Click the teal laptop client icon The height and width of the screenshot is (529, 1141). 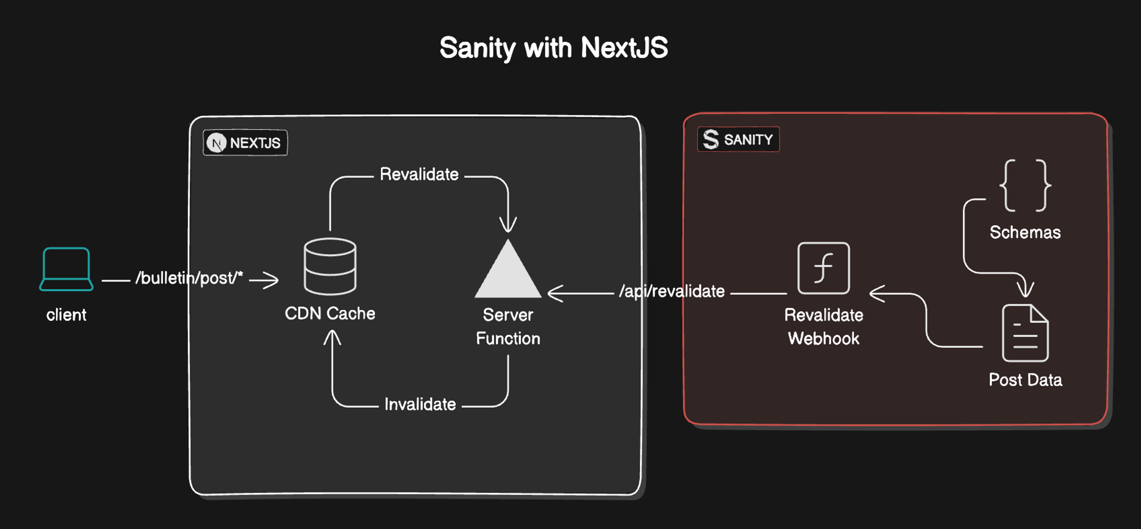click(x=67, y=269)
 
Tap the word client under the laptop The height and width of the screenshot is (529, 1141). click(x=67, y=315)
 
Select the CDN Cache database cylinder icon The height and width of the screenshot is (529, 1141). click(x=330, y=267)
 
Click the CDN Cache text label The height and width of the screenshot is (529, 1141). click(x=330, y=313)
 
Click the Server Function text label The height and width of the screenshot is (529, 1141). click(x=508, y=327)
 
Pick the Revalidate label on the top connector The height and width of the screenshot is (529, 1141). click(x=419, y=175)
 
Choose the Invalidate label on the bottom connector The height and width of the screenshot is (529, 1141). click(x=420, y=404)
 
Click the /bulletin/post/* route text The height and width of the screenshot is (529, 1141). click(x=189, y=278)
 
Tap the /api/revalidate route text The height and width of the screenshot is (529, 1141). click(x=672, y=291)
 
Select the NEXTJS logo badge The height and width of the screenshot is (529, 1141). click(x=245, y=142)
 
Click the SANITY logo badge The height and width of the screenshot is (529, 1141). click(x=738, y=140)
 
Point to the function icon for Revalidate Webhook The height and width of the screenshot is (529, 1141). click(x=823, y=268)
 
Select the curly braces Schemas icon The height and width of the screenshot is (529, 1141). click(x=1025, y=186)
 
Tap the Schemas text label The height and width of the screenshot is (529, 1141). click(x=1025, y=232)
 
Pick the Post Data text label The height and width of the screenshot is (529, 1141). click(x=1025, y=380)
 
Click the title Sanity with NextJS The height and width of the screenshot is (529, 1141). click(x=554, y=48)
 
